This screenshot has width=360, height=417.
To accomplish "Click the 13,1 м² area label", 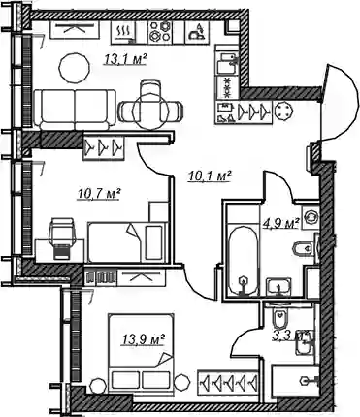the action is point(125,59).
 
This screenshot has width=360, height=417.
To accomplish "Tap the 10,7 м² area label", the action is point(99,194).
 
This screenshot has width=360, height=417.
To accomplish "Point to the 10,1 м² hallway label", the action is point(210,176).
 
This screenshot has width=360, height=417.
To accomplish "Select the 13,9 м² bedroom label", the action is point(144,339).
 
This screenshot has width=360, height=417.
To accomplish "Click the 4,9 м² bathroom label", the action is point(280,223).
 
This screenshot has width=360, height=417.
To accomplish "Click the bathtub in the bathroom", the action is point(244,260).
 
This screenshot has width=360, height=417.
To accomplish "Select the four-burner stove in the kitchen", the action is point(160,32).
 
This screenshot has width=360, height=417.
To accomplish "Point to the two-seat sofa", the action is point(75,110).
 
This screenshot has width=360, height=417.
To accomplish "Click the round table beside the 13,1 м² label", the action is point(75,68).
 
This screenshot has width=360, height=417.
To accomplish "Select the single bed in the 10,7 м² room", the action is point(127,242).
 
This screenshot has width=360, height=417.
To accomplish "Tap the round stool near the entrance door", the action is point(283,112).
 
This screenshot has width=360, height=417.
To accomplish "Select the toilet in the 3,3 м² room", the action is point(280,319).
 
